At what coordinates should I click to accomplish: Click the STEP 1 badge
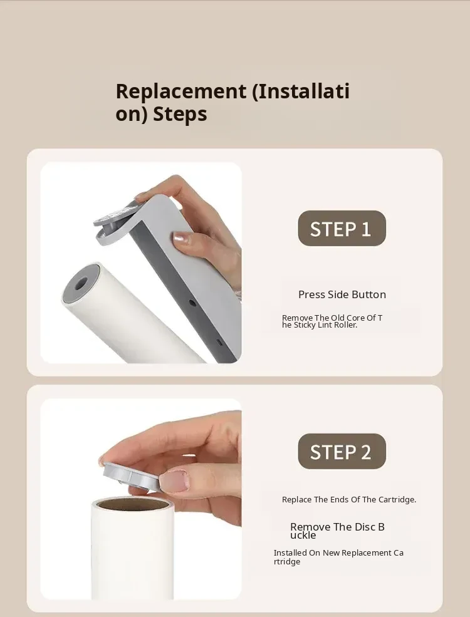click(x=342, y=228)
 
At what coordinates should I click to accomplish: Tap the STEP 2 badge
click(x=342, y=452)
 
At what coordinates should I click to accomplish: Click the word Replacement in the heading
click(x=181, y=91)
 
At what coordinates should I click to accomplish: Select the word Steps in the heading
click(x=180, y=114)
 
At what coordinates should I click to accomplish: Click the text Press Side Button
click(x=342, y=294)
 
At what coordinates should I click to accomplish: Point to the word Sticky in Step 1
click(x=305, y=325)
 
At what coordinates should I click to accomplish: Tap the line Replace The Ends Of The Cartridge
click(x=349, y=499)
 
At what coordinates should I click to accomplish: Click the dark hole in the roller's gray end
click(x=81, y=283)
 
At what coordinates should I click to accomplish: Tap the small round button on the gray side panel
click(x=192, y=303)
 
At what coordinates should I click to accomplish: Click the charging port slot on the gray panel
click(x=220, y=343)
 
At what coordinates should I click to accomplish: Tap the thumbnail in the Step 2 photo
click(x=173, y=481)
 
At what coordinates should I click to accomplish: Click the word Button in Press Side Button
click(x=369, y=294)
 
